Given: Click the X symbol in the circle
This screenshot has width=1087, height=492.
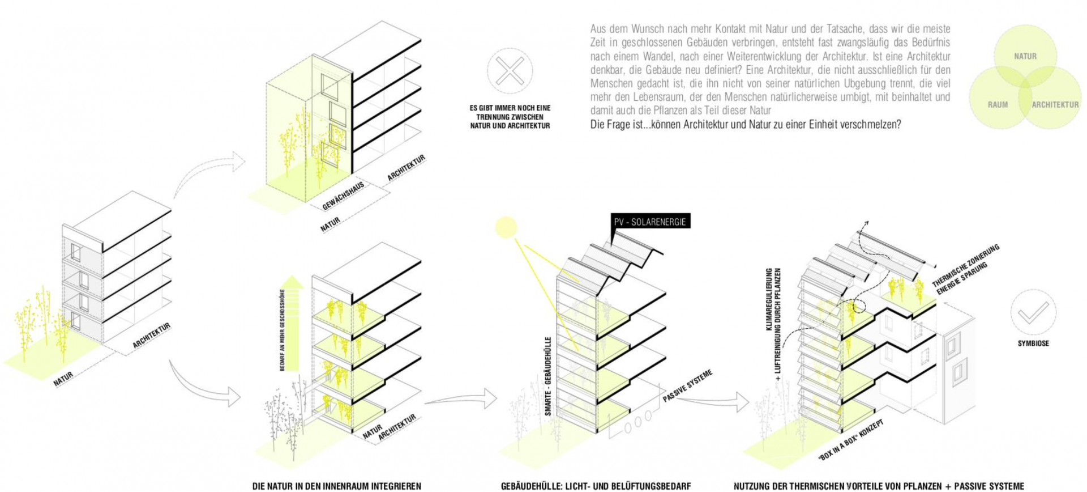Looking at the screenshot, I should [x=510, y=71].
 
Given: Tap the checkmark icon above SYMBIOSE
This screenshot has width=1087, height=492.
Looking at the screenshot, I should [x=1033, y=312].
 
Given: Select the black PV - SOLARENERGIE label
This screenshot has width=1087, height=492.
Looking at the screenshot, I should [x=651, y=222].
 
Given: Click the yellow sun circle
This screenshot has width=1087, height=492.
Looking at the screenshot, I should [x=506, y=227].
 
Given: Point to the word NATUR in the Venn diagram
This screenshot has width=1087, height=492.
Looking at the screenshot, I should [x=1025, y=56].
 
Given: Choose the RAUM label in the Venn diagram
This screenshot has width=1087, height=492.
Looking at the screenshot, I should [x=998, y=105].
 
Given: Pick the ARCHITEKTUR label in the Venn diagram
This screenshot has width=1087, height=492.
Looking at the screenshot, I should [x=1055, y=105].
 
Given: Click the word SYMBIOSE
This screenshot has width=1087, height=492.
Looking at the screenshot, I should [x=1033, y=343].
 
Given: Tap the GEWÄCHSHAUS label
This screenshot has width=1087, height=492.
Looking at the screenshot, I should [x=343, y=196].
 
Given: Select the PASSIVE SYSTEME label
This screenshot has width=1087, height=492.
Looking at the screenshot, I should [x=687, y=385].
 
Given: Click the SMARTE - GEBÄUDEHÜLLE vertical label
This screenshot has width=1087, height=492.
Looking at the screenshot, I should [x=548, y=377].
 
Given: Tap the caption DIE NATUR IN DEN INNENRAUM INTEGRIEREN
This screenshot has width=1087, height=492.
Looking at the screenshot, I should [x=336, y=486].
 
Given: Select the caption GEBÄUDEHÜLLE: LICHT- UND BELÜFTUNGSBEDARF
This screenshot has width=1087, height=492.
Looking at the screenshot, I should [x=596, y=486].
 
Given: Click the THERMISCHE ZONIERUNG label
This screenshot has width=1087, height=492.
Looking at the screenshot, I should [x=966, y=264].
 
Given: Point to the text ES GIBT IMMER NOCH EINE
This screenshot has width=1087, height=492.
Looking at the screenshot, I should [x=510, y=108].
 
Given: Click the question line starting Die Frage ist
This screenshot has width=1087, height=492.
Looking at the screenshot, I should [x=745, y=125].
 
